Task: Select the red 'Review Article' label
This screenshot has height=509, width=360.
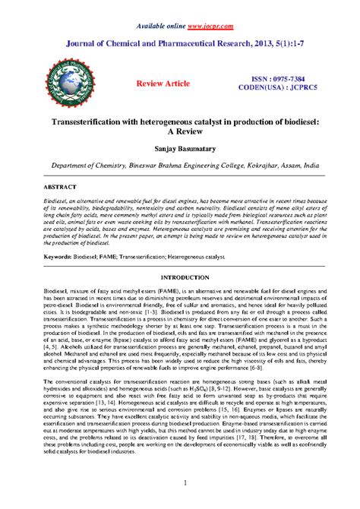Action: [x=163, y=81]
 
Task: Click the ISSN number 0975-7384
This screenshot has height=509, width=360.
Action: [x=279, y=78]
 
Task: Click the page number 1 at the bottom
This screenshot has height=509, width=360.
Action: [x=180, y=482]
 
